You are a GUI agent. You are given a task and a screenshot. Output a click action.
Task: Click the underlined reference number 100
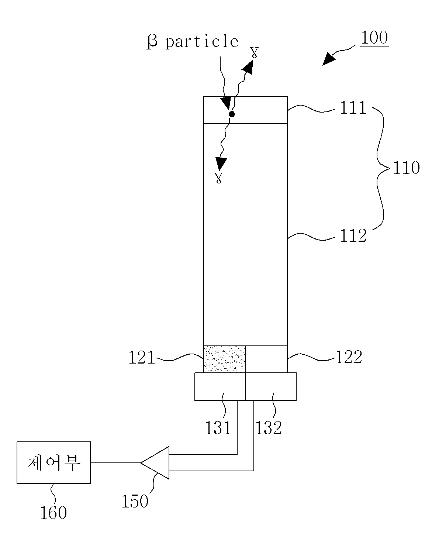coord(374,38)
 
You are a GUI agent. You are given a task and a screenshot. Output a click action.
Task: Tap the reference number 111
coord(353,107)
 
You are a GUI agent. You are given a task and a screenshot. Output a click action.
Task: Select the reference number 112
coord(353,235)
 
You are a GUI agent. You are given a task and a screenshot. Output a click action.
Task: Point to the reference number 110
coord(406,168)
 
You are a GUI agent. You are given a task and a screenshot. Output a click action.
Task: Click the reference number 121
coord(142,358)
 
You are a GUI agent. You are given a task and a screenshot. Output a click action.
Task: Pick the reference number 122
coord(349,357)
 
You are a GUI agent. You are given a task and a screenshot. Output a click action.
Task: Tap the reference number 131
coord(218,428)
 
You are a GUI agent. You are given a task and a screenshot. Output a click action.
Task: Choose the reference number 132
coord(268,428)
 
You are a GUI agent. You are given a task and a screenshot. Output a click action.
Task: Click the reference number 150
coord(135,501)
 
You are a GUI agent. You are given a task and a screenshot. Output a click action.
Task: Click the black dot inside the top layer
coord(232,114)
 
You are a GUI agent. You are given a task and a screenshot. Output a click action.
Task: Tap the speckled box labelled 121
coord(224,359)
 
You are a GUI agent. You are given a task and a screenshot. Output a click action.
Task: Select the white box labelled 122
coord(266,359)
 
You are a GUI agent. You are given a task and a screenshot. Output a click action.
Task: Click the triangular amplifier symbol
coord(155,463)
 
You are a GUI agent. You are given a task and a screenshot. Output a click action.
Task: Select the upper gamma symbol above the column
coord(255,52)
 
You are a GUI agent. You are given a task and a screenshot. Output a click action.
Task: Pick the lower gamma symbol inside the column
coord(218,178)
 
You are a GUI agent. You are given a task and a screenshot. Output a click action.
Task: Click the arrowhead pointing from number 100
coord(329,59)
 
